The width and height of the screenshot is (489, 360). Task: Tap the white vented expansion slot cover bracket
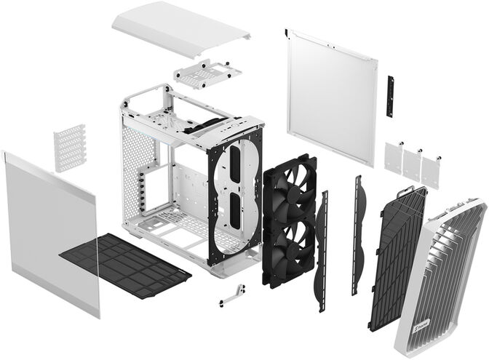click(x=70, y=148)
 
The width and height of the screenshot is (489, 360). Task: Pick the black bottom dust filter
click(x=124, y=263)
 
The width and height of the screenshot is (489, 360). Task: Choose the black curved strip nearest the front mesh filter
click(x=358, y=233)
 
